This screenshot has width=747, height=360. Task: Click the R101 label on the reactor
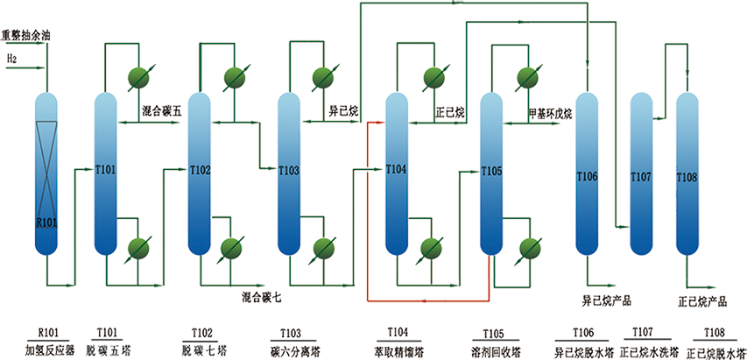tap(46, 223)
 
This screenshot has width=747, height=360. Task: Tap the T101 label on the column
tap(105, 170)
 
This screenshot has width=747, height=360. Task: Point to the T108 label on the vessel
tap(687, 177)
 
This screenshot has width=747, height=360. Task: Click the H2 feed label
tap(11, 59)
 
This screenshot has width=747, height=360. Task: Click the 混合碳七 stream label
tap(262, 298)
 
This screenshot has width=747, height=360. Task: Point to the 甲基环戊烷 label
tap(549, 114)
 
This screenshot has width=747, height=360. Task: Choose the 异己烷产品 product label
tap(607, 300)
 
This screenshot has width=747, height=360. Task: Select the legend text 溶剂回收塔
tap(493, 349)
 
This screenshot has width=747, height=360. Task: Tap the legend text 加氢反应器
tap(49, 349)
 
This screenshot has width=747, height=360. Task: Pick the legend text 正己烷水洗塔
tap(645, 349)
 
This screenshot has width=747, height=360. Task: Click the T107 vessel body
tap(642, 175)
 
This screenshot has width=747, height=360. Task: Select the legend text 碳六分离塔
tap(292, 349)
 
